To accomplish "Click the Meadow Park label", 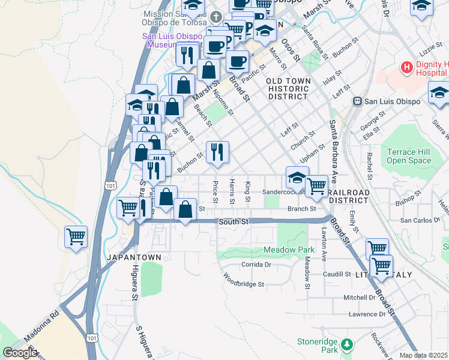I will click(x=289, y=249).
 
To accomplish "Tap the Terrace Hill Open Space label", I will click(x=409, y=156).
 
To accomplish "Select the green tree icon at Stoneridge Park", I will click(x=346, y=344).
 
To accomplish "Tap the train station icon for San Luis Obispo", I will click(x=357, y=101).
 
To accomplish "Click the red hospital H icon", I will click(x=406, y=68).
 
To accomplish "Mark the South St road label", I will click(x=234, y=221).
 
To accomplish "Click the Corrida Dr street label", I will click(x=257, y=263).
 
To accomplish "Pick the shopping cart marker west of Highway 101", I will click(x=76, y=237).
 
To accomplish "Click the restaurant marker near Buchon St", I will click(x=217, y=152).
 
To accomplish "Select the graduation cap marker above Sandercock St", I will click(x=297, y=178).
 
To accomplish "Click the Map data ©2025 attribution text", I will click(x=424, y=355).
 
